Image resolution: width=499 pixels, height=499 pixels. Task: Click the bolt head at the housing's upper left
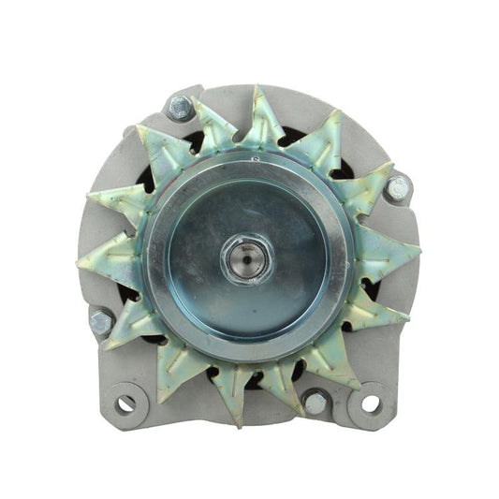[180, 108]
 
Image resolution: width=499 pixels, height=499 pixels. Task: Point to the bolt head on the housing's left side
[100, 321]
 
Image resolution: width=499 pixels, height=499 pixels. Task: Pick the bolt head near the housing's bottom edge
[316, 402]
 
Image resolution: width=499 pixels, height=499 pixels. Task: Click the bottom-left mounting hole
[125, 404]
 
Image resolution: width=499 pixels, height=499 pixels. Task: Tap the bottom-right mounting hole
[371, 404]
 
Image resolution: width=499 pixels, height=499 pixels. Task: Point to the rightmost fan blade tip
[418, 247]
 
